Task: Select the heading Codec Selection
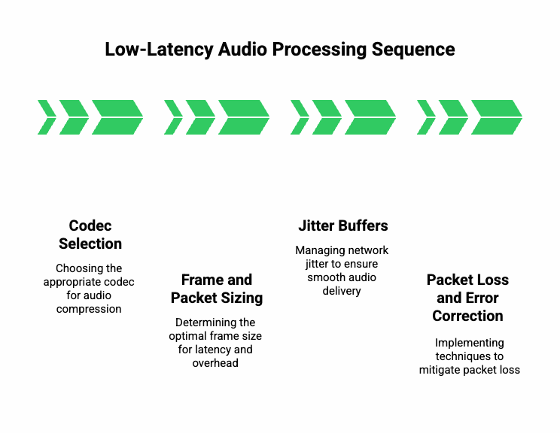(x=90, y=235)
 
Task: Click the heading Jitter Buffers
(x=343, y=226)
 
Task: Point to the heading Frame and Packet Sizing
(x=217, y=289)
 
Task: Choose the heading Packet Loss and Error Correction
(x=467, y=298)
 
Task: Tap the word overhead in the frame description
(x=215, y=363)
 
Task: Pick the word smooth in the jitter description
(x=321, y=277)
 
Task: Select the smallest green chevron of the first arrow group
(x=47, y=117)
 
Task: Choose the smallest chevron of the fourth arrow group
(x=426, y=117)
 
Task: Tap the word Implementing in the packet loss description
(x=468, y=343)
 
